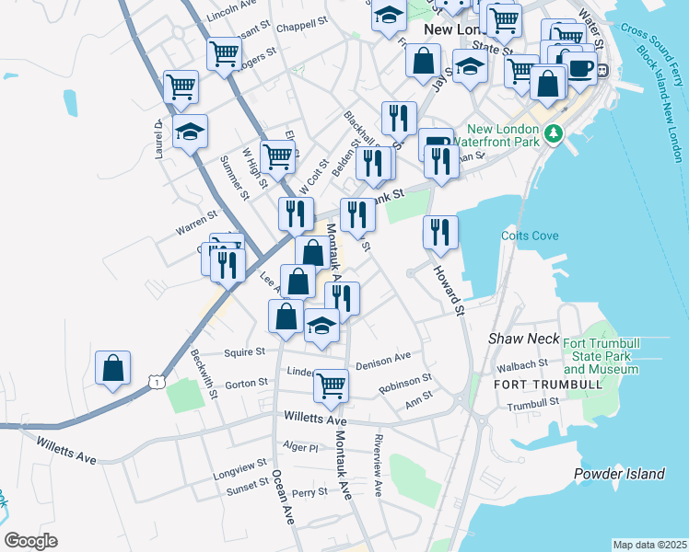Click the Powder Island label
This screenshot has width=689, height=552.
[x=618, y=475]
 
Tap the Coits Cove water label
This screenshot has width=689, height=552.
[x=530, y=236]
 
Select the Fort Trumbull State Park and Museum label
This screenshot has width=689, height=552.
[x=600, y=356]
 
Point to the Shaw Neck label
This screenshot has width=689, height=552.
[x=523, y=339]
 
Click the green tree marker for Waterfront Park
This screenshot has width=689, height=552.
[x=553, y=133]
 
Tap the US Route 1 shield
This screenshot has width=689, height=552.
[x=158, y=380]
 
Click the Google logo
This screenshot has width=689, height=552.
[x=31, y=541]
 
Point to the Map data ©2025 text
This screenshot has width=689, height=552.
[x=648, y=545]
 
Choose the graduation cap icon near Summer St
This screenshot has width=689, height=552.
[x=190, y=132]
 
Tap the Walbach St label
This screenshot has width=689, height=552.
[x=535, y=364]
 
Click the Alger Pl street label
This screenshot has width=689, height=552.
[x=300, y=447]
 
